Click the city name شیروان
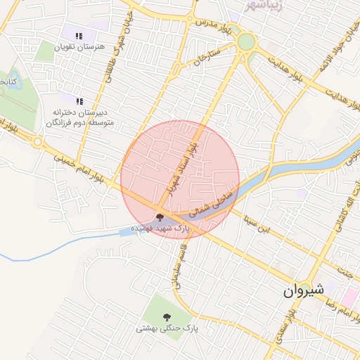click(x=303, y=290)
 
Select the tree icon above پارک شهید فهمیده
click(x=160, y=217)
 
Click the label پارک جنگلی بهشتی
click(x=167, y=328)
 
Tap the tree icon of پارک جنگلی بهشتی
click(x=167, y=317)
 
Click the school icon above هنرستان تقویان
click(x=79, y=35)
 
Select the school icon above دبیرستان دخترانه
click(x=79, y=101)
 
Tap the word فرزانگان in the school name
click(x=65, y=122)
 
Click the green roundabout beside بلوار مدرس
click(x=246, y=41)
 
